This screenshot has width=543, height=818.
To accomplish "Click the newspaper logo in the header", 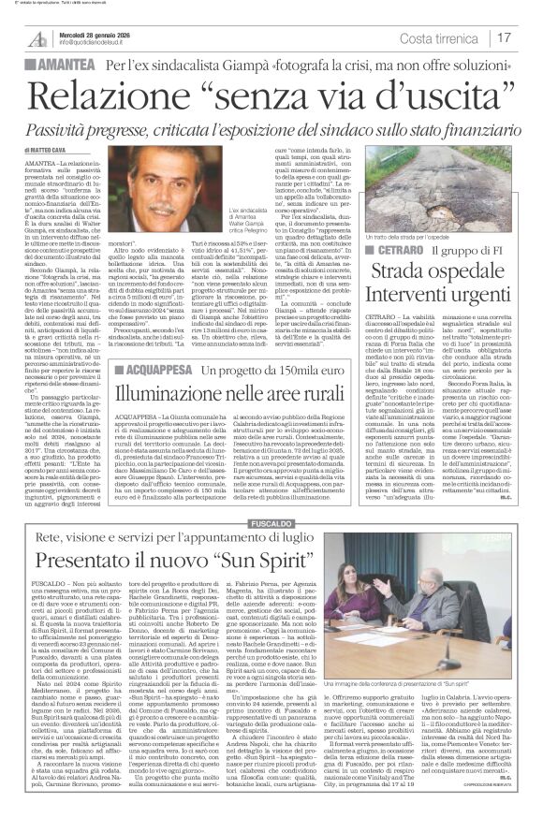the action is (37, 37).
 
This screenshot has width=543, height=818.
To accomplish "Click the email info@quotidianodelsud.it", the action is (99, 42).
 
